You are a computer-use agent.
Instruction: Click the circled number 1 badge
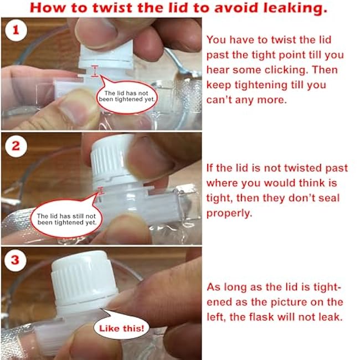coord(16,30)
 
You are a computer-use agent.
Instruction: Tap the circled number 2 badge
coord(16,146)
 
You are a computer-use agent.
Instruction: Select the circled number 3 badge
coord(15,260)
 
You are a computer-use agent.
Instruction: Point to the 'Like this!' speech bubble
coord(122,328)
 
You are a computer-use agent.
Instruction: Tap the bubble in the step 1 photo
coord(127,95)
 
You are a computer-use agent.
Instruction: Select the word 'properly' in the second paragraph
coord(229,214)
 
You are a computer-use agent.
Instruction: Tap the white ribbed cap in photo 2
coord(112,161)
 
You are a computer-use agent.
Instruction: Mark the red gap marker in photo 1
coord(95,71)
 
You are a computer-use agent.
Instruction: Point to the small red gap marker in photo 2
coord(100,191)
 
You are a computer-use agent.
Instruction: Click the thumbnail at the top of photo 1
coord(96,33)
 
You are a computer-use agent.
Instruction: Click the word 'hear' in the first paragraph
coord(218,70)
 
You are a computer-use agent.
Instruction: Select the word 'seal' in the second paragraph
coord(329,198)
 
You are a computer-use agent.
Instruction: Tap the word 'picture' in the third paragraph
coord(289,302)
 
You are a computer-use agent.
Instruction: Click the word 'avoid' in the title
coord(236,8)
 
